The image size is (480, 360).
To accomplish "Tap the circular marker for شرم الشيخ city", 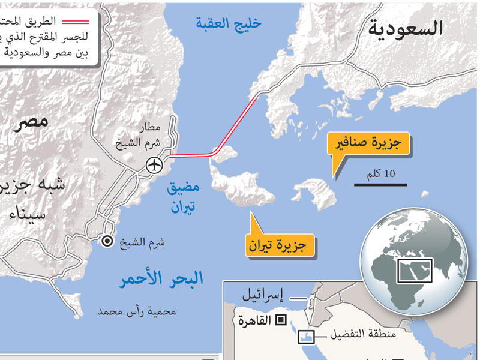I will (107, 241).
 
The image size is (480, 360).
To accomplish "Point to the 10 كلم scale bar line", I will (380, 184).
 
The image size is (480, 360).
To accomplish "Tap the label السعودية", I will (406, 28).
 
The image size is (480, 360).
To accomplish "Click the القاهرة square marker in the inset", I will (280, 320).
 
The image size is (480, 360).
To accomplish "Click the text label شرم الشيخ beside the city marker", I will (142, 243).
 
